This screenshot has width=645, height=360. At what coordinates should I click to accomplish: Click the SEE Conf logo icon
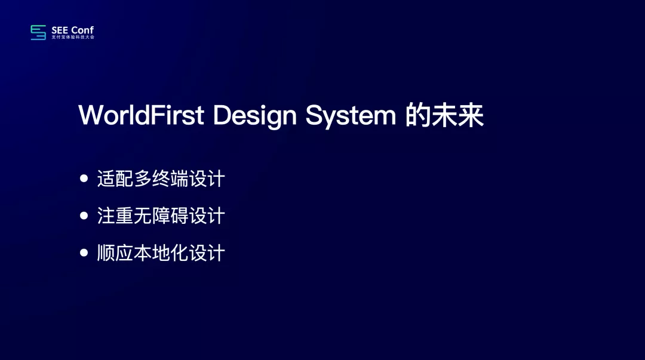pyautogui.click(x=38, y=32)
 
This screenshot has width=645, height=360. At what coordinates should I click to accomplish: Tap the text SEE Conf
pyautogui.click(x=72, y=30)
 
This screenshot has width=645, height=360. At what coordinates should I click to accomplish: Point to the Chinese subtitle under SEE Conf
pyautogui.click(x=73, y=37)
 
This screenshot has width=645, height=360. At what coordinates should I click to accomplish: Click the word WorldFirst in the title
pyautogui.click(x=141, y=115)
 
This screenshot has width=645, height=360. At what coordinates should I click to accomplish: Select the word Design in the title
pyautogui.click(x=254, y=116)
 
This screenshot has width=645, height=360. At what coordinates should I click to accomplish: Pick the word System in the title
pyautogui.click(x=351, y=116)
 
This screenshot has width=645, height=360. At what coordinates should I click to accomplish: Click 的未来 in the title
pyautogui.click(x=444, y=115)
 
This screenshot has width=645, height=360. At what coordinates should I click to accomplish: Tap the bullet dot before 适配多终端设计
pyautogui.click(x=84, y=178)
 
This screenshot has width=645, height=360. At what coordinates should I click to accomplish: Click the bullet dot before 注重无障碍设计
pyautogui.click(x=84, y=215)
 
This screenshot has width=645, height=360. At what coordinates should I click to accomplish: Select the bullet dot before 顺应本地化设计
pyautogui.click(x=84, y=252)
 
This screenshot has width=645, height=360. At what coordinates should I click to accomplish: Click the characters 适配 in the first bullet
pyautogui.click(x=115, y=179)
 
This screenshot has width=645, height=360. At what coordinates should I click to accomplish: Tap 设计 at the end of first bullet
pyautogui.click(x=207, y=179)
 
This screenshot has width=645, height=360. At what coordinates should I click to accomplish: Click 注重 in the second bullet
pyautogui.click(x=115, y=216)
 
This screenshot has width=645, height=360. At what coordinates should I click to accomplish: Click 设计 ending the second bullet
pyautogui.click(x=207, y=216)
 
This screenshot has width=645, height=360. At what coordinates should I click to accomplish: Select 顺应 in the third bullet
pyautogui.click(x=115, y=253)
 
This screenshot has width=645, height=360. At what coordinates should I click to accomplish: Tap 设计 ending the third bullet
pyautogui.click(x=207, y=253)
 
